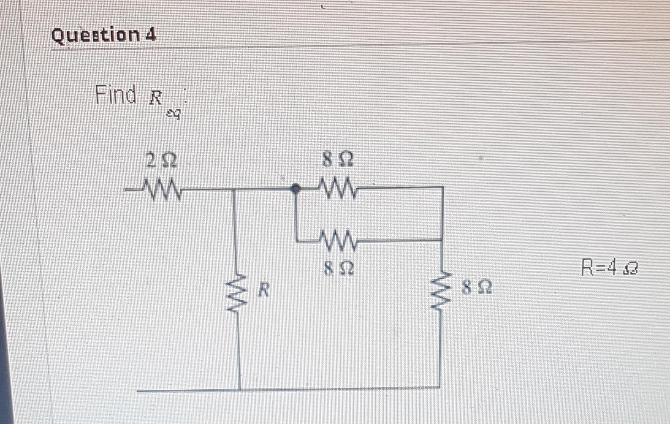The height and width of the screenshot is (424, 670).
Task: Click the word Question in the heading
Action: coord(95,35)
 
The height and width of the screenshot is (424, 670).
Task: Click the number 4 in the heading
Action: coord(151,35)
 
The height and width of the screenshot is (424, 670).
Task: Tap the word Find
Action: coord(115,94)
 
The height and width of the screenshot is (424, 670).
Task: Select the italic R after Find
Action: coord(155,98)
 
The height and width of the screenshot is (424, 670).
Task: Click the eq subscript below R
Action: coord(173,114)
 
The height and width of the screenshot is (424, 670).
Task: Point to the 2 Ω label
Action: coord(161,161)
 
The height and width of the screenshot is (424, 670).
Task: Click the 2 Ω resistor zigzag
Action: coord(163,190)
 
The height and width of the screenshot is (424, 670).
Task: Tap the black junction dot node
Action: coord(296,189)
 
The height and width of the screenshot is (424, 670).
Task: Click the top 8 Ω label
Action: coord(338,160)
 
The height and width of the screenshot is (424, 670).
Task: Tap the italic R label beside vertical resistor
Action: coord(263,290)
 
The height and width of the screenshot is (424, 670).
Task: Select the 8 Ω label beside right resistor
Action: coord(477,288)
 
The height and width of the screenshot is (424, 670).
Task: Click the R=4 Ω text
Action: coord(610,268)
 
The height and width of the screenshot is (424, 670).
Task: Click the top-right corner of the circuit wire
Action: coord(442,187)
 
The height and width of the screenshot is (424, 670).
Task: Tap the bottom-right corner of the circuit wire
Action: coord(439,387)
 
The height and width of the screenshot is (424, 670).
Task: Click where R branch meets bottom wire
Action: coord(240,389)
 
